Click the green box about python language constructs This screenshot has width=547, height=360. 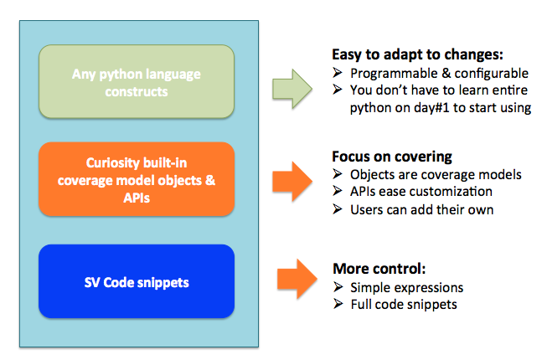click(137, 81)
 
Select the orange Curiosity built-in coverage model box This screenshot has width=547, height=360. click(137, 179)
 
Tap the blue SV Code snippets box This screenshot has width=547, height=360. click(137, 281)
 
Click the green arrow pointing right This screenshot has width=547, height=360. click(292, 89)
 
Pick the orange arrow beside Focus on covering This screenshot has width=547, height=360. click(292, 181)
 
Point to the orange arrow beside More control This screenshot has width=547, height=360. click(297, 279)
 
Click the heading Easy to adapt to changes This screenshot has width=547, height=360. click(417, 54)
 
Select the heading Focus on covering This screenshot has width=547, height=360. click(392, 157)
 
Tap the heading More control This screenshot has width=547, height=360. click(379, 269)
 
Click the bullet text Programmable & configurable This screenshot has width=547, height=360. click(439, 73)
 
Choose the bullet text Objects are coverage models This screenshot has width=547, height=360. click(436, 174)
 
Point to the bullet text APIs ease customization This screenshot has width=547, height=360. click(421, 192)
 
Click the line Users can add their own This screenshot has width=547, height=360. click(421, 210)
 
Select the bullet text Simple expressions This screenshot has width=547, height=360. click(407, 287)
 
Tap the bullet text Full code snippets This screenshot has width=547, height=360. click(404, 304)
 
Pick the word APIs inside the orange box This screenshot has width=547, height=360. click(137, 198)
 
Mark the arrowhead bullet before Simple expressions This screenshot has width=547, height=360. click(338, 287)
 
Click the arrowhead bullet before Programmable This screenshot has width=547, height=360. click(338, 73)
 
